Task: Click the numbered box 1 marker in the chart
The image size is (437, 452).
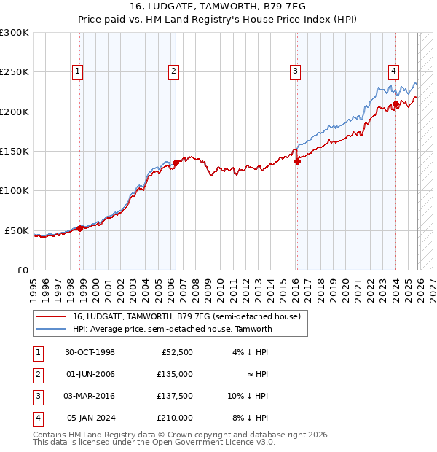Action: coord(77,71)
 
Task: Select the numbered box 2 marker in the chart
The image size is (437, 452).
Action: coord(173,71)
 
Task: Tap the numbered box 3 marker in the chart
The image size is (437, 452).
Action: coord(295,71)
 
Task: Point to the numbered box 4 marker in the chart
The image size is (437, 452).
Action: coord(393,71)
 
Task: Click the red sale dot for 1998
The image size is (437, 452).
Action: coord(80,228)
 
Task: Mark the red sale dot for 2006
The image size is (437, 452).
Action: coord(176,163)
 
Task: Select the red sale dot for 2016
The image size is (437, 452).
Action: coord(297,161)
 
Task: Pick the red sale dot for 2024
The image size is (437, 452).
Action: coord(395,104)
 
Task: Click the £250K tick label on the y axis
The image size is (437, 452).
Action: coord(15,72)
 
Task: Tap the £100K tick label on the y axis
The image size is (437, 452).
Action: coord(15,190)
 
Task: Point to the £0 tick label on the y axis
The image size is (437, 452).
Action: coord(22,270)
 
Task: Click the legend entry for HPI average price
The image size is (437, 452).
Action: coord(172,329)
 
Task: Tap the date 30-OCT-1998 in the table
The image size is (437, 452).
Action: coord(90,352)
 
